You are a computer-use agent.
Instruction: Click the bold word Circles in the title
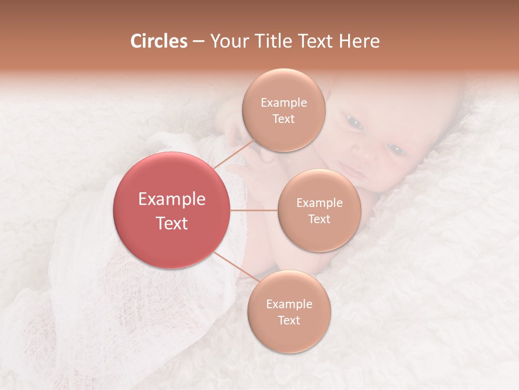(x=158, y=41)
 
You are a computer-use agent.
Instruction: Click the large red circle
(x=172, y=210)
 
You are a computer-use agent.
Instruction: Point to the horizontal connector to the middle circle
(x=254, y=210)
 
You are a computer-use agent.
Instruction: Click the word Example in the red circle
(x=172, y=199)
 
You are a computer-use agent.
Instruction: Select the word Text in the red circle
(x=172, y=223)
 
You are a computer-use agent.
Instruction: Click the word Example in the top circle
(x=284, y=103)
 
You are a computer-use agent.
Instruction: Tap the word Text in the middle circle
(x=319, y=219)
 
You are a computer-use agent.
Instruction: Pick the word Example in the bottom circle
(x=289, y=304)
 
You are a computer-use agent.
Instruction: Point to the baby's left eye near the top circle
(x=354, y=122)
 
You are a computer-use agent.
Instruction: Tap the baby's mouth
(x=354, y=172)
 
